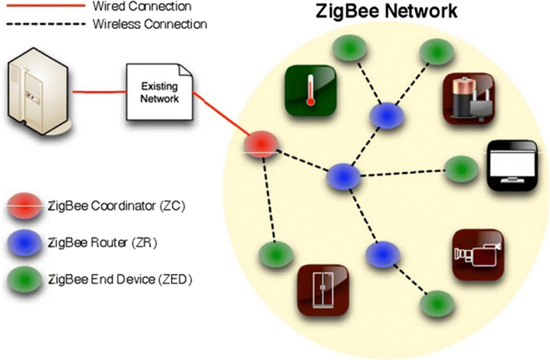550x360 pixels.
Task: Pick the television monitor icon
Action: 511,166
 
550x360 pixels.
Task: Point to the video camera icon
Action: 476,253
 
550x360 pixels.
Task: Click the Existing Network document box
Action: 161,92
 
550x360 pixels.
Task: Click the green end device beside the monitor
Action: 458,168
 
